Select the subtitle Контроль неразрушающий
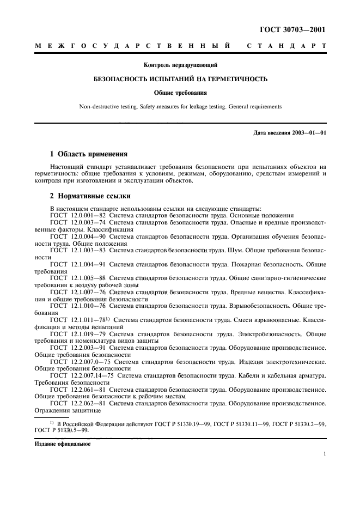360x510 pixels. pos(180,65)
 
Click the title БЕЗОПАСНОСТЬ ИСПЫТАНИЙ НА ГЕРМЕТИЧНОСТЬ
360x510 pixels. pos(180,79)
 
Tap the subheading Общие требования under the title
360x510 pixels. pos(180,93)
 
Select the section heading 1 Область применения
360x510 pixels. pos(88,154)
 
